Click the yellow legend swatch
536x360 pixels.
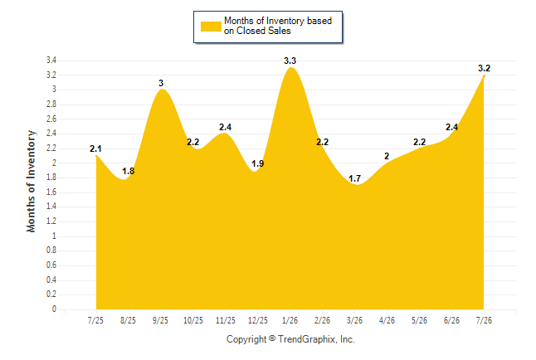pyautogui.click(x=211, y=27)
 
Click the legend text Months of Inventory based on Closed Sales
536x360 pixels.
pyautogui.click(x=278, y=26)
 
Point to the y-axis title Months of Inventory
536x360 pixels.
pyautogui.click(x=31, y=181)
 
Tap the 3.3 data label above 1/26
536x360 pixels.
pyautogui.click(x=290, y=61)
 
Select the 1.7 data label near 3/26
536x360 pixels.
pyautogui.click(x=354, y=178)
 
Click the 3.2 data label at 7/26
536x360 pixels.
pyautogui.click(x=484, y=68)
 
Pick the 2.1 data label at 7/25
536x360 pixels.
pyautogui.click(x=95, y=148)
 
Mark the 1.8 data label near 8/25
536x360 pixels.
pyautogui.click(x=128, y=171)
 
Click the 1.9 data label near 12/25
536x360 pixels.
pyautogui.click(x=258, y=163)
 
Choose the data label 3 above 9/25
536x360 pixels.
pyautogui.click(x=161, y=83)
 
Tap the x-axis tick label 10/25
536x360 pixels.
pyautogui.click(x=193, y=320)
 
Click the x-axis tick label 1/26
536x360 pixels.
pyautogui.click(x=290, y=320)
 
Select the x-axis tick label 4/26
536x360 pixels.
pyautogui.click(x=387, y=320)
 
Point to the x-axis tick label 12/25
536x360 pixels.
pyautogui.click(x=258, y=320)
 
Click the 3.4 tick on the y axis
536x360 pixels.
pyautogui.click(x=51, y=61)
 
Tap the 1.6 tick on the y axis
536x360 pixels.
pyautogui.click(x=51, y=192)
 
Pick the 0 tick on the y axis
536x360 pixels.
pyautogui.click(x=54, y=309)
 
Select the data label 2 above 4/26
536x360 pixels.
pyautogui.click(x=387, y=156)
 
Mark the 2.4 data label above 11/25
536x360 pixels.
pyautogui.click(x=226, y=127)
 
